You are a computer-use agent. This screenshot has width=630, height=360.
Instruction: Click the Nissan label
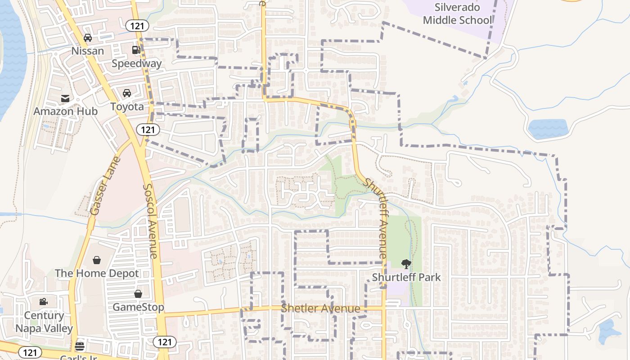88,51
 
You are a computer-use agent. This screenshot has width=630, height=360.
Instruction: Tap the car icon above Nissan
88,38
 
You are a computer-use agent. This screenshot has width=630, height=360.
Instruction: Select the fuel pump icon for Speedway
136,50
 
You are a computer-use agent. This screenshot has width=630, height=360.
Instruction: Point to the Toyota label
127,107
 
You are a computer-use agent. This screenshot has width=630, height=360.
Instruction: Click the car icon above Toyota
127,93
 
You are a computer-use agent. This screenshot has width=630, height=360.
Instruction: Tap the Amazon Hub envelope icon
65,98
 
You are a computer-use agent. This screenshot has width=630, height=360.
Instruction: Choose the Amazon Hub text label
65,111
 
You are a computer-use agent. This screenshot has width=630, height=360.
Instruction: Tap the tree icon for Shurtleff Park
406,264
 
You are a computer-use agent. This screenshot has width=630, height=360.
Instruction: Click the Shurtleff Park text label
406,277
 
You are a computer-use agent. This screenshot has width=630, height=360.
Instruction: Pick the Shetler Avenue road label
320,309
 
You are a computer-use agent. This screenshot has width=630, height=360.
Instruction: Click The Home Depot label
97,273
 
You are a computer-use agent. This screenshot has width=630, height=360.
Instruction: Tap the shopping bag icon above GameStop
138,294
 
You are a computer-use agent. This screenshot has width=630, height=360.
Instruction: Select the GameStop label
138,307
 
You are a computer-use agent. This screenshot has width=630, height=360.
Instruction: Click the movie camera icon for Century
44,302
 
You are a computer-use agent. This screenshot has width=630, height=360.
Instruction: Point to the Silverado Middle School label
458,13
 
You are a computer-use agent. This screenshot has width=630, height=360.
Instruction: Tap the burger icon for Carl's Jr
80,346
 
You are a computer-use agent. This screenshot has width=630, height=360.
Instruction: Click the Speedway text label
136,63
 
